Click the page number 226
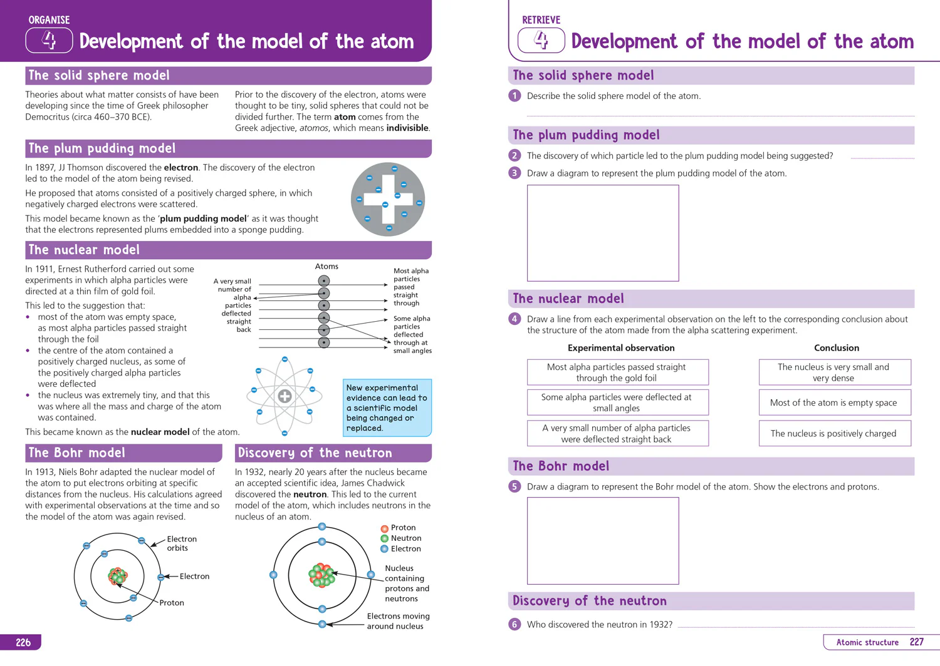point(23,642)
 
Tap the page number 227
point(916,642)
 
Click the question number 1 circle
point(514,96)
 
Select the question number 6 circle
point(514,624)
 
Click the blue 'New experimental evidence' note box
point(387,408)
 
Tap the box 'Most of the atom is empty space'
point(835,402)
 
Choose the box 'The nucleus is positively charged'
point(835,433)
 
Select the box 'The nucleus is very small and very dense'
point(835,372)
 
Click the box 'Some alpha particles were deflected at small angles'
point(618,402)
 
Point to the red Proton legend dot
point(384,528)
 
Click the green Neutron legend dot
point(384,538)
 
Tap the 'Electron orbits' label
point(182,543)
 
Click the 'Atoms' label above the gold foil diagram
point(326,266)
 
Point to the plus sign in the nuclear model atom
point(285,396)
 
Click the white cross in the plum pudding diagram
point(388,199)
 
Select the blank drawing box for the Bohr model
point(603,541)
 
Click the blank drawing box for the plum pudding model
point(603,233)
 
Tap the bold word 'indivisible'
point(408,128)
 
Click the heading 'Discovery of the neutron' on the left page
point(315,453)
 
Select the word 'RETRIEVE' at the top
point(541,19)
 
